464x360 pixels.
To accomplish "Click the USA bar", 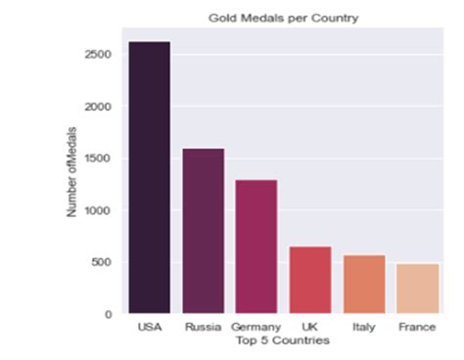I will (x=150, y=177).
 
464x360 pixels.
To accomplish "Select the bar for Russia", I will (x=204, y=231).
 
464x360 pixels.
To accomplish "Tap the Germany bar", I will (x=256, y=247).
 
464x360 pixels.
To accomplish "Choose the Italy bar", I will (x=363, y=285).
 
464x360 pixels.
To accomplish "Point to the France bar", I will (x=417, y=289).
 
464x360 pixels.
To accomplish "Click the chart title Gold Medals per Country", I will (x=283, y=18).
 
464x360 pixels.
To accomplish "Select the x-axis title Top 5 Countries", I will (x=283, y=340).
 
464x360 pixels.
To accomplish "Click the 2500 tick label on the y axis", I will (x=99, y=55).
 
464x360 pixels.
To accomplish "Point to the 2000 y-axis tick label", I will (x=99, y=107).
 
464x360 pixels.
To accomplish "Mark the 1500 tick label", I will (x=99, y=158).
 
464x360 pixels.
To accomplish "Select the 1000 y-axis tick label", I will (x=99, y=210).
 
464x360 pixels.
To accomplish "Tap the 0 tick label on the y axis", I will (x=110, y=314).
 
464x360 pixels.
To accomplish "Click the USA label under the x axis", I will (x=150, y=328).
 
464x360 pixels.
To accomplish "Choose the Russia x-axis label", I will (x=204, y=328).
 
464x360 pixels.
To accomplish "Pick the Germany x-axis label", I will (x=256, y=328).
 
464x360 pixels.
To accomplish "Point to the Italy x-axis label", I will (x=363, y=328).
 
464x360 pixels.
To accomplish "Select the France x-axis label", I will (x=417, y=328).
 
